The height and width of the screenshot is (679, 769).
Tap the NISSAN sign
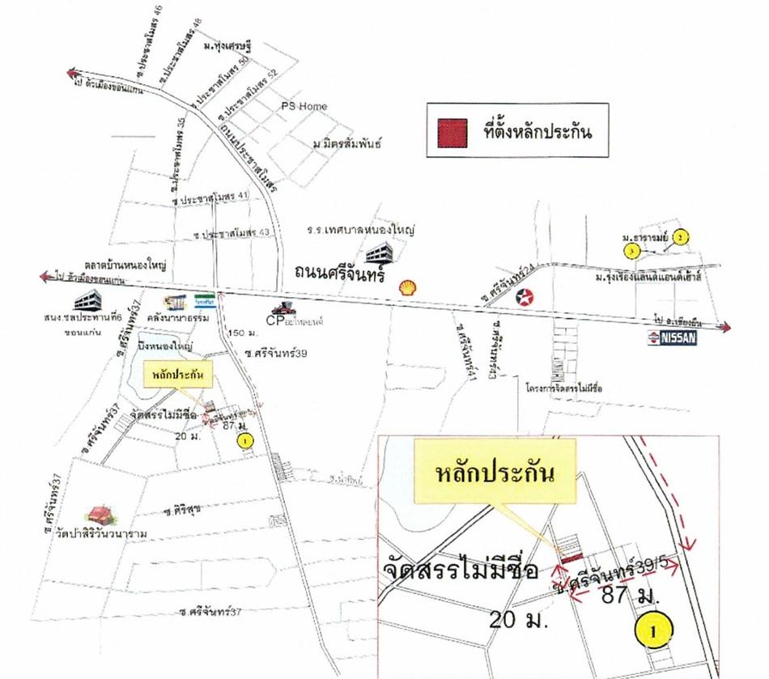671,339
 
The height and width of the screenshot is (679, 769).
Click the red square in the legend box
452,130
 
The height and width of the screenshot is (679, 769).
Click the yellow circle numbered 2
682,237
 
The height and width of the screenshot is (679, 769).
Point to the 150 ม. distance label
242,333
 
